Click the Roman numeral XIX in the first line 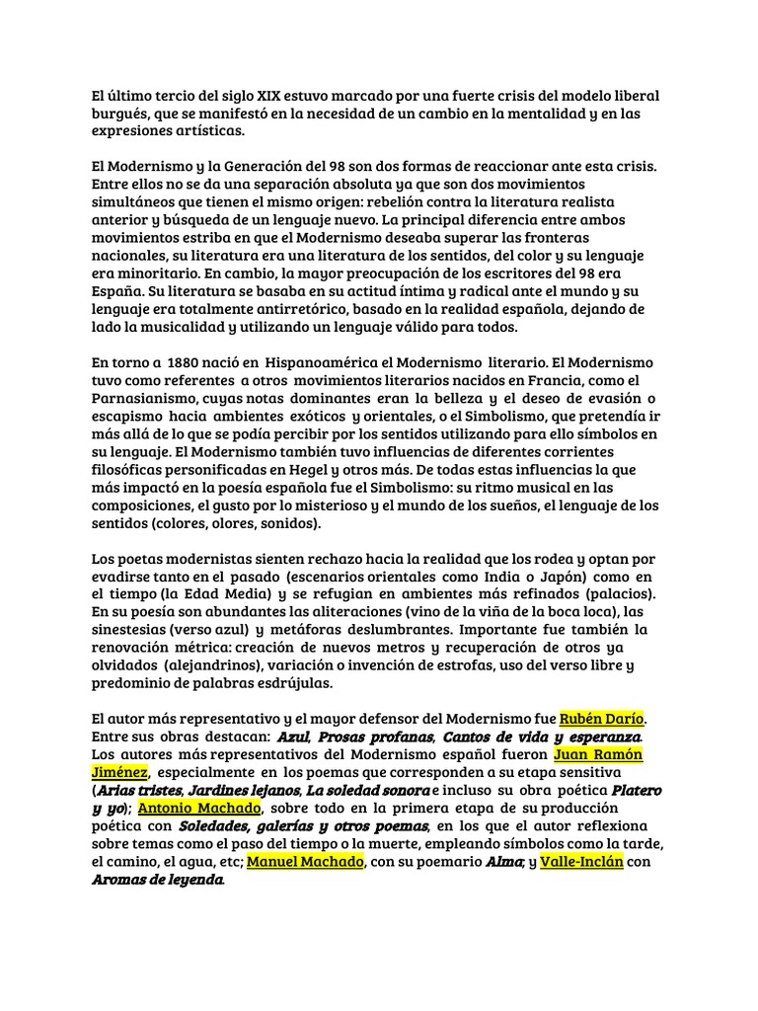pyautogui.click(x=267, y=96)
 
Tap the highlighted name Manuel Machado pyautogui.click(x=307, y=862)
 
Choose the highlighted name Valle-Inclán pyautogui.click(x=581, y=862)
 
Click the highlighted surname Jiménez pyautogui.click(x=119, y=772)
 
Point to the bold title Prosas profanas pyautogui.click(x=375, y=737)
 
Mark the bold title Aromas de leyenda pyautogui.click(x=158, y=881)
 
